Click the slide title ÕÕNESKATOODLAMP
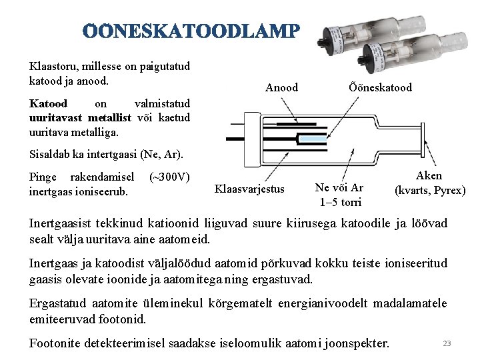[192, 32]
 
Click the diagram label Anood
[281, 87]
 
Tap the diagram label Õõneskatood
[380, 87]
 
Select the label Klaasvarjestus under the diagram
[249, 189]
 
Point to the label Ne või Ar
[339, 188]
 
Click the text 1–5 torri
[340, 202]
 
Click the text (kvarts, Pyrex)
[430, 190]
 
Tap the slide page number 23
[447, 343]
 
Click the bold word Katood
[49, 104]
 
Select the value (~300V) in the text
[170, 177]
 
